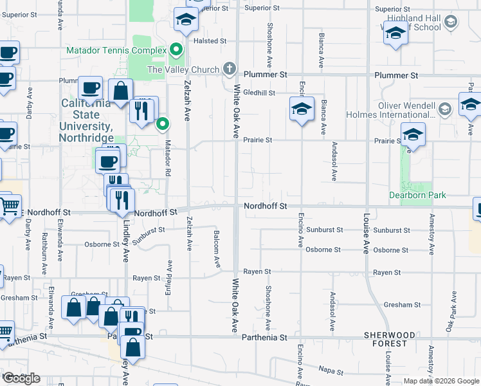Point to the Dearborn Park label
click(x=418, y=195)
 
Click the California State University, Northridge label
click(x=86, y=120)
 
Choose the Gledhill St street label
click(x=259, y=93)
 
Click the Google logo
click(x=21, y=378)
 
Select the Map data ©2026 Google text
click(x=440, y=381)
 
